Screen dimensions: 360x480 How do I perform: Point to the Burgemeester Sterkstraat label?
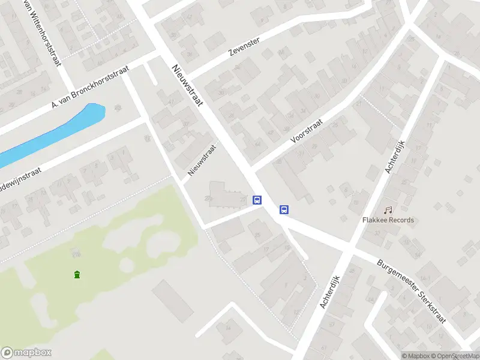click(x=412, y=291)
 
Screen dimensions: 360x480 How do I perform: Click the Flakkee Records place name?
click(x=388, y=220)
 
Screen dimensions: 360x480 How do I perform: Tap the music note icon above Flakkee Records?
click(x=388, y=210)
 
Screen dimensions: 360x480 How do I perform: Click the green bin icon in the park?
click(x=77, y=275)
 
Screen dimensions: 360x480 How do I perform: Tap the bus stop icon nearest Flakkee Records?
click(x=284, y=209)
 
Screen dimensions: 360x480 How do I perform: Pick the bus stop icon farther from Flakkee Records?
click(x=257, y=200)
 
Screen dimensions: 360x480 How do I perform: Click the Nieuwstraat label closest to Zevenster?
click(x=187, y=86)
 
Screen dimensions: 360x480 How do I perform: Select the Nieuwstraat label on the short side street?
click(x=202, y=160)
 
